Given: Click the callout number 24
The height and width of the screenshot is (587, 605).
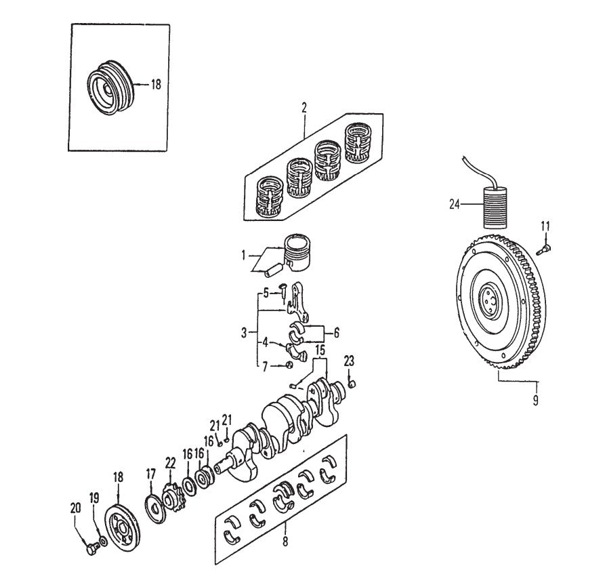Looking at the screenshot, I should coord(454,202).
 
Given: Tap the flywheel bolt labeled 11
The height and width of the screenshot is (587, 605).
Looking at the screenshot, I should coord(543,250).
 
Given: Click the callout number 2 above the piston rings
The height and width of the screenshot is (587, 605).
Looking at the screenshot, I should coord(304,108).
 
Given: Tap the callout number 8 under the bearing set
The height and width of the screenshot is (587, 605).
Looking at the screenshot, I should coord(286,542).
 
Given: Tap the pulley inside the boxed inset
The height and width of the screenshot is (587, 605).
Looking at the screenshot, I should coord(108,89).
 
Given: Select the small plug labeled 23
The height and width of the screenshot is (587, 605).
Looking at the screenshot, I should coord(352,385).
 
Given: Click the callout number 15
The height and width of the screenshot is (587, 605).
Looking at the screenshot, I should coord(319,350).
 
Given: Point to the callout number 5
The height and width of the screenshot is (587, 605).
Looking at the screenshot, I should coord(266,293).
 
